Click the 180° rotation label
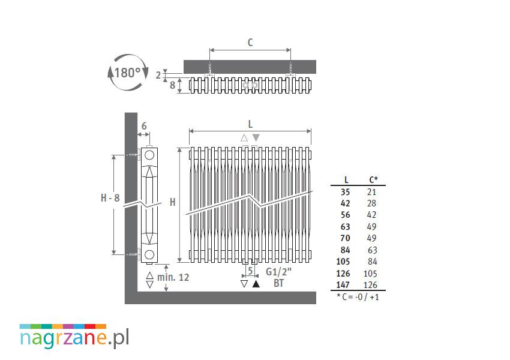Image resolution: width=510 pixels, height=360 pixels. coord(127,73)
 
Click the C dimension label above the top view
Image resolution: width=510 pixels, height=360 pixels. coord(250,43)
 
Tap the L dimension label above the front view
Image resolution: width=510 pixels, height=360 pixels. coord(250,124)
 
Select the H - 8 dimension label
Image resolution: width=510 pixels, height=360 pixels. coord(110,198)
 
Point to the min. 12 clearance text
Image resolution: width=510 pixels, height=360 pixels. coord(173,277)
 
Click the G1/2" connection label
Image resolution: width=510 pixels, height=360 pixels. coord(278,272)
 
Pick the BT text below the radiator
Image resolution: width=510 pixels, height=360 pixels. coord(279,283)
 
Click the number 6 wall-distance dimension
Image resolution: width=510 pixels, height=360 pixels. coord(144,126)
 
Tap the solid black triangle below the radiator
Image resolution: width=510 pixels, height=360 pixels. coord(256,284)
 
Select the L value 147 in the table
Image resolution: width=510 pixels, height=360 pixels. coord(343,285)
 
